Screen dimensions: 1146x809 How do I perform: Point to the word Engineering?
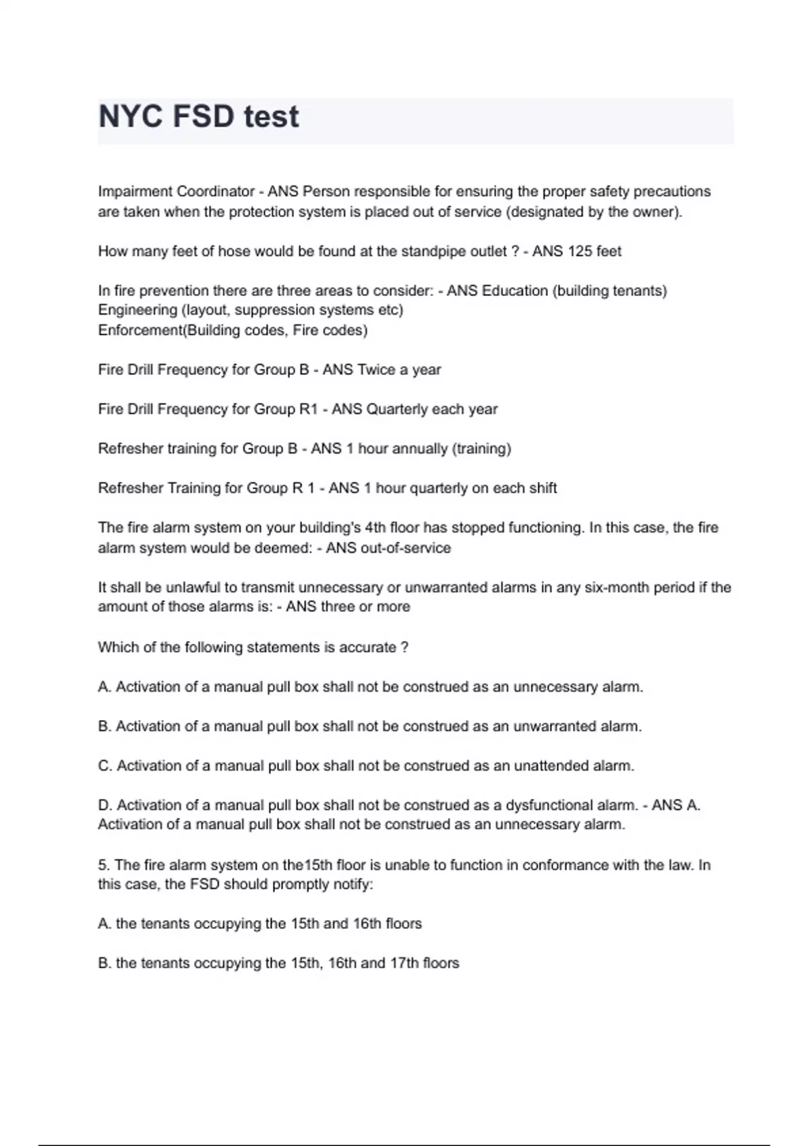[x=137, y=310]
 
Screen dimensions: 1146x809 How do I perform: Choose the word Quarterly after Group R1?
[x=398, y=409]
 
